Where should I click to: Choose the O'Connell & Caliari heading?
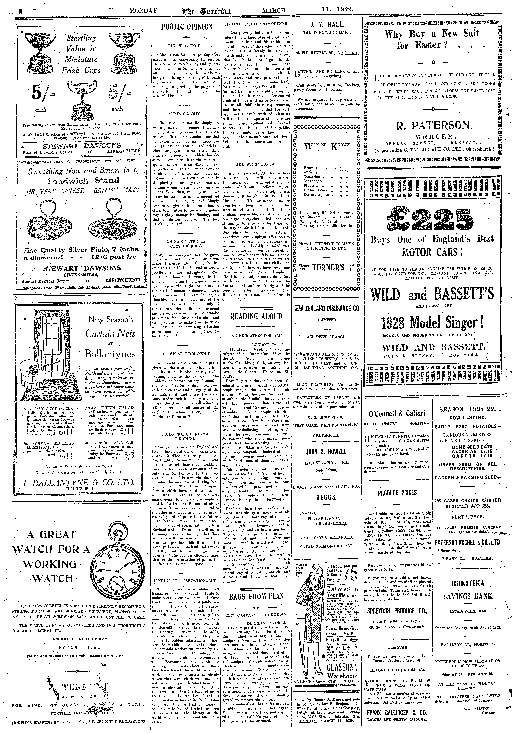click(397, 413)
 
